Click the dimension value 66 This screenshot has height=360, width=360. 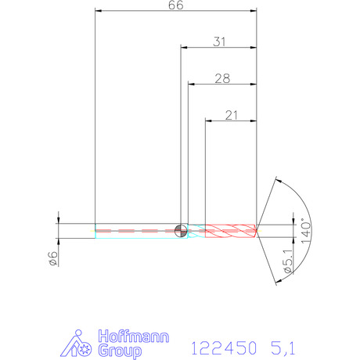tap(176, 5)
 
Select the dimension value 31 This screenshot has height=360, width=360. tap(219, 41)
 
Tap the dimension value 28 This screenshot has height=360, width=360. tap(222, 78)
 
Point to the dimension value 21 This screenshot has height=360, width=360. tap(232, 115)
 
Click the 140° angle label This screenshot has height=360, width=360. tap(306, 231)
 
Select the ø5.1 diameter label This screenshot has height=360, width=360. tap(288, 261)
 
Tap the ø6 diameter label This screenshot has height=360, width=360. tap(53, 258)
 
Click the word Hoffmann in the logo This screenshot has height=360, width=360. tap(134, 337)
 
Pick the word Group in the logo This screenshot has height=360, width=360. tap(120, 351)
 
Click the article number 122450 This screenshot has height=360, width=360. tap(224, 348)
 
